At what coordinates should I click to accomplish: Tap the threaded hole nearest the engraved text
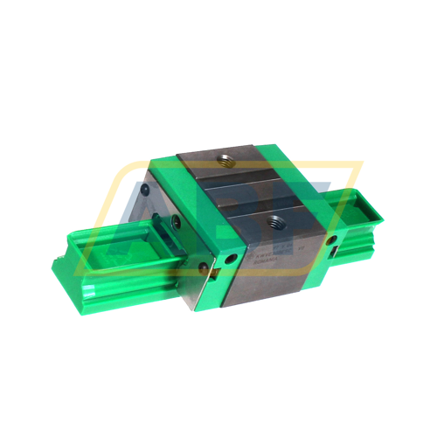point(276,223)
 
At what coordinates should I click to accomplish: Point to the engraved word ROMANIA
point(259,258)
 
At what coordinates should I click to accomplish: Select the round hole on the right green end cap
point(331,238)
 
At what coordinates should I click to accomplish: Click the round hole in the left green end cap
point(232,259)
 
